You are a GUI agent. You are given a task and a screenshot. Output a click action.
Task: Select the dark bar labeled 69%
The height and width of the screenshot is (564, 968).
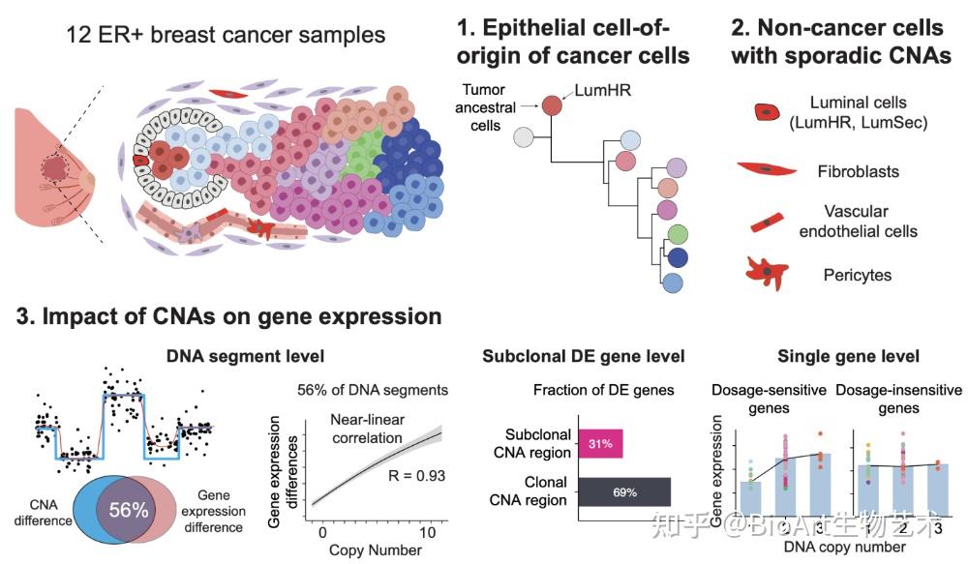[x=624, y=492]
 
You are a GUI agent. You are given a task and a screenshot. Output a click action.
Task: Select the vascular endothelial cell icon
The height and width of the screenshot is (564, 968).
[x=767, y=221]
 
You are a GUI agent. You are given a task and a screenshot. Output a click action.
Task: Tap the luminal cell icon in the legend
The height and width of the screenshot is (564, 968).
[x=767, y=112]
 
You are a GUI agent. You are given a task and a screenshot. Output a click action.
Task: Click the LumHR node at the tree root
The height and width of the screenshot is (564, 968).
[x=553, y=104]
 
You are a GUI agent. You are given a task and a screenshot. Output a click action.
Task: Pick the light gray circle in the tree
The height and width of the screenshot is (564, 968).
[x=524, y=136]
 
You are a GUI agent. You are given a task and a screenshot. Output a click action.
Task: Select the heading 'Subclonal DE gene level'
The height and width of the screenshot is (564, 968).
[x=584, y=357]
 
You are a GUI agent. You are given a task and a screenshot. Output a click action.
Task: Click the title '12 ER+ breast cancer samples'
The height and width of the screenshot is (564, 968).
[x=226, y=36]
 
